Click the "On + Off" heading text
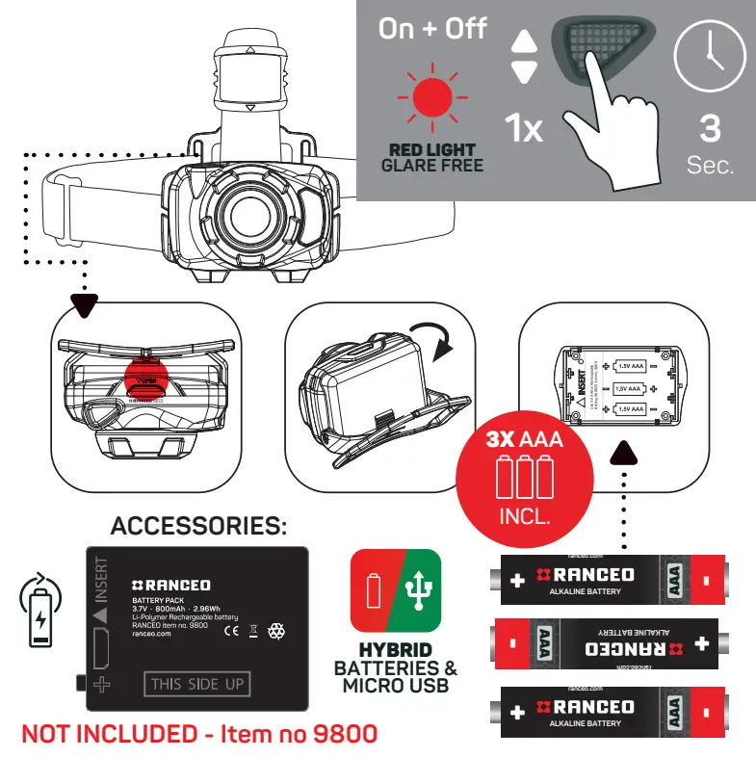(x=432, y=28)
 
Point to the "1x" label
(x=525, y=128)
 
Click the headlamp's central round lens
(x=248, y=209)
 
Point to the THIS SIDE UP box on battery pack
(x=198, y=685)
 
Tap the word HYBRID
(x=395, y=650)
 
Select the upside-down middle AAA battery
(x=605, y=642)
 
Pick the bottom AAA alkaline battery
(x=605, y=711)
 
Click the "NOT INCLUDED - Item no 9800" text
(x=198, y=734)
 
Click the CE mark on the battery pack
(x=231, y=632)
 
